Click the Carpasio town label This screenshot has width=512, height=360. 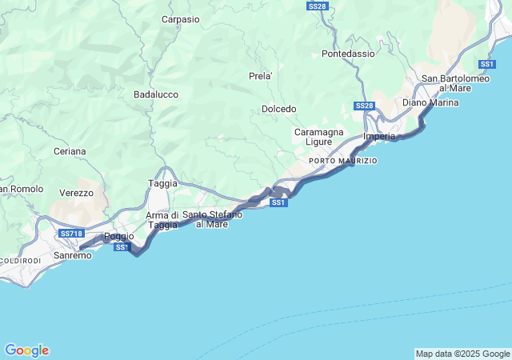click(181, 19)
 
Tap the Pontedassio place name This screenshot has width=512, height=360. click(348, 54)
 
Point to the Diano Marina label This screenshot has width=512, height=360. click(430, 102)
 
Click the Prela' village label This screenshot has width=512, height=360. click(261, 76)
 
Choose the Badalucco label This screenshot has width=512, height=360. click(156, 94)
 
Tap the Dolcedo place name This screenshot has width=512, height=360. click(279, 109)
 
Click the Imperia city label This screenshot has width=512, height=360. click(379, 137)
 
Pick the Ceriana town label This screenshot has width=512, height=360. click(70, 151)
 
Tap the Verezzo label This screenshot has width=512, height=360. click(76, 193)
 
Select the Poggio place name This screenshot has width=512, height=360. click(119, 236)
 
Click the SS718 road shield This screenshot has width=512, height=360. click(71, 234)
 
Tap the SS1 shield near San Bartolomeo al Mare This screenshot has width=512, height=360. click(487, 64)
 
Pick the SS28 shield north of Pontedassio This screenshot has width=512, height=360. click(317, 6)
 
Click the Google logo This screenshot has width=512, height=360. click(26, 350)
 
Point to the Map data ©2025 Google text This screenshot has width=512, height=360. click(462, 354)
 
